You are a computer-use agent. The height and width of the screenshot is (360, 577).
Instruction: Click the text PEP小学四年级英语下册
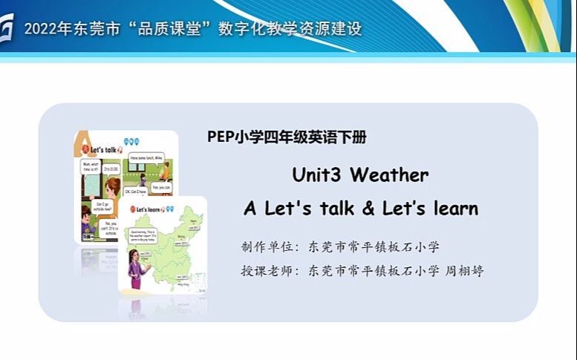tap(287, 137)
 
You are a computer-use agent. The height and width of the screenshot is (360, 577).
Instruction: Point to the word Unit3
tap(316, 175)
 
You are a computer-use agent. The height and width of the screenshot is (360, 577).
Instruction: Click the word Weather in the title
tap(389, 175)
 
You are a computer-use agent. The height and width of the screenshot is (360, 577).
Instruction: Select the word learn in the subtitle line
tap(454, 209)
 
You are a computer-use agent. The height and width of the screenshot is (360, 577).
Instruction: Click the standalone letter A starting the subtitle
tap(250, 209)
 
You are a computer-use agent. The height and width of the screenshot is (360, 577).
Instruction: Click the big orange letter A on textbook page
tap(81, 144)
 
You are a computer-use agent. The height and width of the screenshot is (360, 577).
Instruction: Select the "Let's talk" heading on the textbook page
tap(103, 148)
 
